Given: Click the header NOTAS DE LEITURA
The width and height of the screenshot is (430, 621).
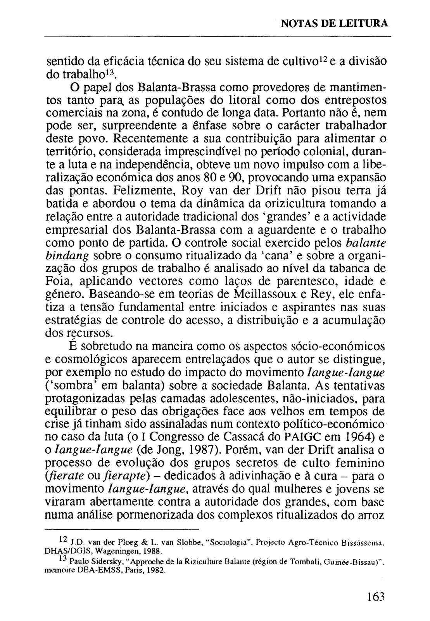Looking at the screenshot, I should (334, 24).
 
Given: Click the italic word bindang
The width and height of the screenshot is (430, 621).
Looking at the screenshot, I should (68, 256).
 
